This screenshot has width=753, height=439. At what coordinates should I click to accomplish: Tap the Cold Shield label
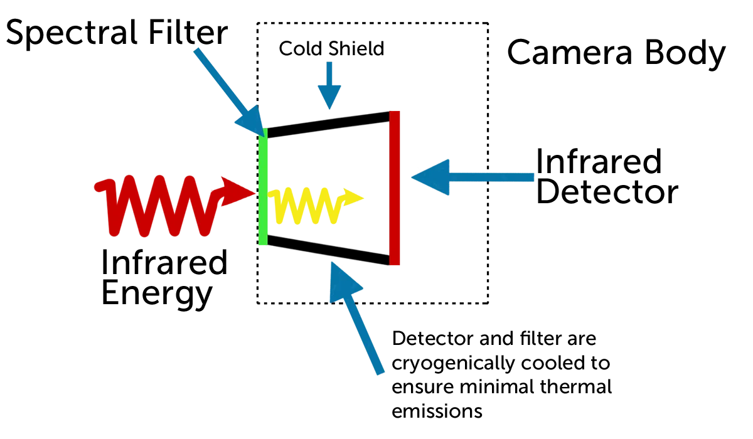pos(331,49)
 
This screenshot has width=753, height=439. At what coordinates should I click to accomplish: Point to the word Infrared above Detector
pos(599,162)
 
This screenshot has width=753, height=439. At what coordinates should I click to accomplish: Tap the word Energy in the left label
pos(156,292)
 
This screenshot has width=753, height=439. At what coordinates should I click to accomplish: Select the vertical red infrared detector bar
pos(394,188)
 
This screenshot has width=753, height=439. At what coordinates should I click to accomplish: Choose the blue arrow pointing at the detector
pos(471,178)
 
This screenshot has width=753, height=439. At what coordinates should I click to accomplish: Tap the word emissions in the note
pos(437,411)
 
